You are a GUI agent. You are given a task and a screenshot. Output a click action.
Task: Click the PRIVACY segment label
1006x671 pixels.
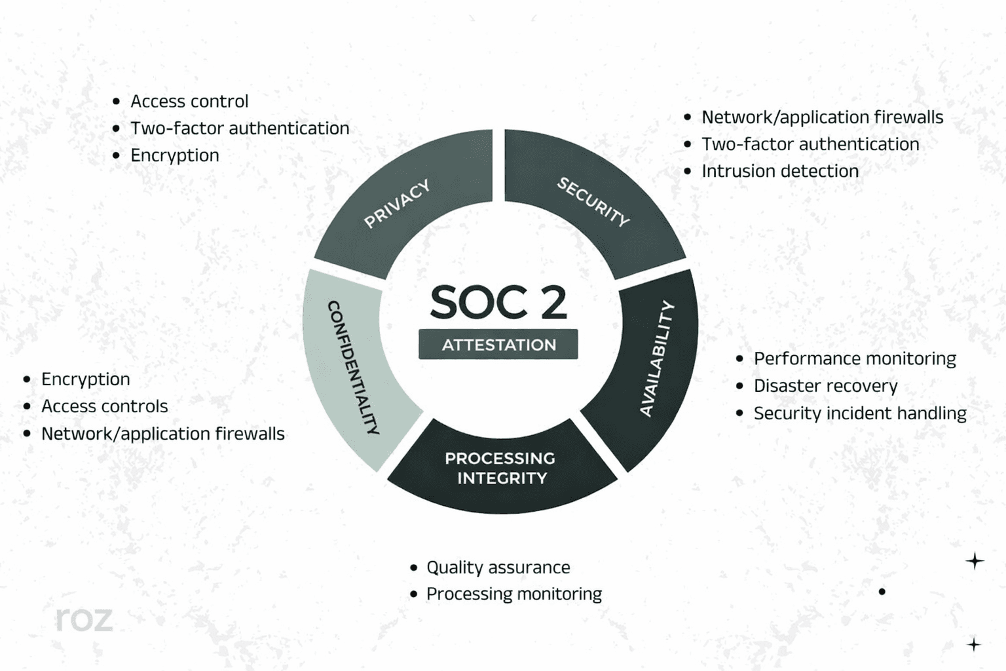coord(397,203)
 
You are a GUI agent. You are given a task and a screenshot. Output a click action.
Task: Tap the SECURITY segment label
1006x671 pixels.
coord(593,201)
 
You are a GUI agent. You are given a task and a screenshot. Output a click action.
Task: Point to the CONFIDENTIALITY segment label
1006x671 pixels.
coord(353,367)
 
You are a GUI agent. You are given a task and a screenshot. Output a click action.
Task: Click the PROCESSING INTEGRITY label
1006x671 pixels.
coord(500,468)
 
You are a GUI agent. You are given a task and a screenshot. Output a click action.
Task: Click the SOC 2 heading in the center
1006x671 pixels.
coord(498,302)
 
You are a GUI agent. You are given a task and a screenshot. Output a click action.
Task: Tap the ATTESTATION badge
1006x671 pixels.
coord(498,345)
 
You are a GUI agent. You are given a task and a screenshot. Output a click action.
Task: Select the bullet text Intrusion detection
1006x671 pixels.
coord(779,171)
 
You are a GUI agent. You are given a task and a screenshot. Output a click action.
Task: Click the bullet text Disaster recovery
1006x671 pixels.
coord(825,386)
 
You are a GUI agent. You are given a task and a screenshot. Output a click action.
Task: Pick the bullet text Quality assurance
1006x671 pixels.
coord(498,567)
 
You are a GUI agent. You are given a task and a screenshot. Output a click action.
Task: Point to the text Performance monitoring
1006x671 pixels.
coord(855,358)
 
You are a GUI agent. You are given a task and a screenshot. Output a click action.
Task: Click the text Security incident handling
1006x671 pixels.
coord(859,413)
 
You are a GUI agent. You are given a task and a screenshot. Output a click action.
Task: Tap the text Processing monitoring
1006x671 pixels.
coord(513,594)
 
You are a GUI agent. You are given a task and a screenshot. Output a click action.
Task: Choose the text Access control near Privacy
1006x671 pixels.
coord(189,101)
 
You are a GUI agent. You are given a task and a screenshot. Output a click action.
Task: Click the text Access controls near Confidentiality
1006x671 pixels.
coord(105,406)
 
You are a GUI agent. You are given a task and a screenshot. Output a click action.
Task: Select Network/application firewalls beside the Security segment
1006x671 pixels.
coord(822,117)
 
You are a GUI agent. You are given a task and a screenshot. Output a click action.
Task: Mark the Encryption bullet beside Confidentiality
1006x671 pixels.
coord(86,379)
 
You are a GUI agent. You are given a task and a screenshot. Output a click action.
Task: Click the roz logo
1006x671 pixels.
coord(84,619)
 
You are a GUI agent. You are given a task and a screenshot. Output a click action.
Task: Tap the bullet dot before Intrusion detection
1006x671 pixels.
coord(687,172)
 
